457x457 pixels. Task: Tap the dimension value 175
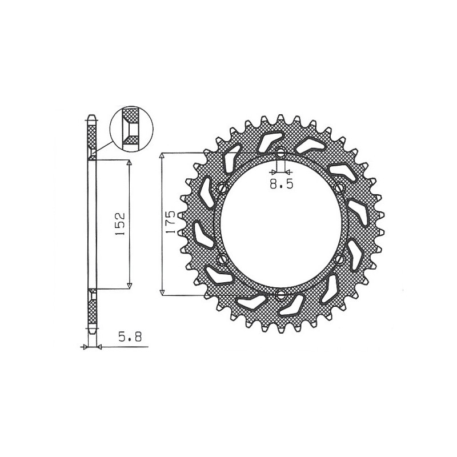click(170, 225)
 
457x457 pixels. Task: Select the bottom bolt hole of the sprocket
click(280, 295)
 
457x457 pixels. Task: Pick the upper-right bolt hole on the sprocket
click(341, 188)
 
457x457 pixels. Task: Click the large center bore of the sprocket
click(280, 225)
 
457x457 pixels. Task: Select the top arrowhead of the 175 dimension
click(163, 156)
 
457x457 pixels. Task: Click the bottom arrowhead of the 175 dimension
click(163, 292)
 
